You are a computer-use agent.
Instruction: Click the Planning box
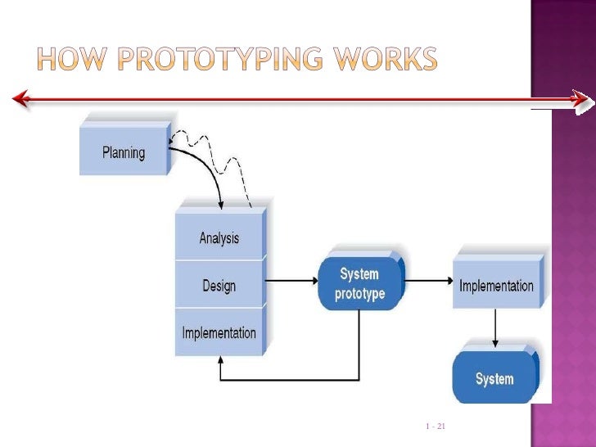[124, 152]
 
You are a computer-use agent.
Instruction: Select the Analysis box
[219, 238]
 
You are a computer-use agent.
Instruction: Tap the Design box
[219, 286]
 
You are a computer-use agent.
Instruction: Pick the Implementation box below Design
[219, 333]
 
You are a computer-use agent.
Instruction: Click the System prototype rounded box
[359, 284]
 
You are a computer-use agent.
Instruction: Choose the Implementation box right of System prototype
[496, 286]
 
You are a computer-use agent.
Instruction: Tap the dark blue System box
[494, 379]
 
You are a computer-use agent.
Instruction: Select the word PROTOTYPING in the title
[222, 59]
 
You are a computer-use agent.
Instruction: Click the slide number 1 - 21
[435, 427]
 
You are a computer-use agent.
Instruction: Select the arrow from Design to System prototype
[291, 282]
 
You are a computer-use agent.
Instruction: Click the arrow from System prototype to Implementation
[427, 282]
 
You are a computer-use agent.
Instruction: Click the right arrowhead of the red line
[581, 100]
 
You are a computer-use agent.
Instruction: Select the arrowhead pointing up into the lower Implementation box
[219, 363]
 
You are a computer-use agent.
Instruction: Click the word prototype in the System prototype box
[359, 294]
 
